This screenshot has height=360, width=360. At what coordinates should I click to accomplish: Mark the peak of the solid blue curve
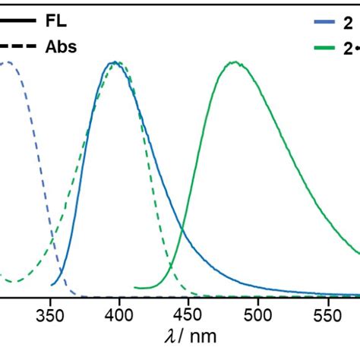(x=114, y=62)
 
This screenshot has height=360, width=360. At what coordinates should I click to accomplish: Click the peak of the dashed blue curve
(x=6, y=62)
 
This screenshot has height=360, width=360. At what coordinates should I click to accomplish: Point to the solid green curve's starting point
(x=135, y=288)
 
